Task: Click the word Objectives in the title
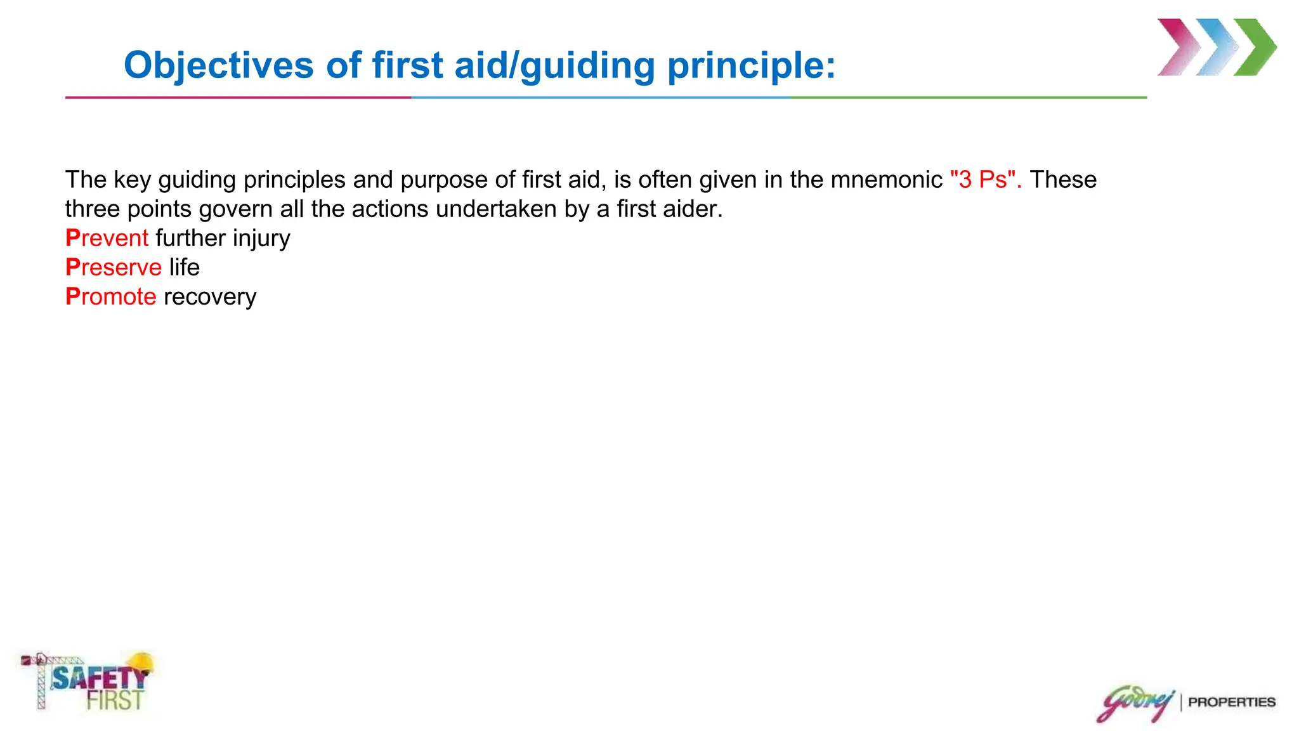pos(219,65)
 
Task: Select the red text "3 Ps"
pos(986,180)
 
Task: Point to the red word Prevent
pos(107,238)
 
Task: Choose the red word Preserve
pos(114,267)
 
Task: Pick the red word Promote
pos(110,296)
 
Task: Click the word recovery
pos(210,297)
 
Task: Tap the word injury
pos(261,239)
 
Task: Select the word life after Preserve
pos(184,267)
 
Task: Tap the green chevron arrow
pos(1255,47)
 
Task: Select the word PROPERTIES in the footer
pos(1231,702)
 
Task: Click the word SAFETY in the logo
pos(100,678)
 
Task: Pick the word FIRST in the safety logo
pos(115,701)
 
